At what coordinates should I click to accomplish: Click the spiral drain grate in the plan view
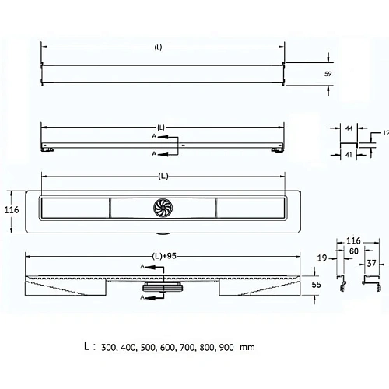pyautogui.click(x=163, y=208)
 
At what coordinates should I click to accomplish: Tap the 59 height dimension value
pyautogui.click(x=328, y=74)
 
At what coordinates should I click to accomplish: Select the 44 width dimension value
pyautogui.click(x=349, y=128)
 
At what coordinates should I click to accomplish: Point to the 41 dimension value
pyautogui.click(x=349, y=155)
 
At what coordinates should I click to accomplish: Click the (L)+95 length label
pyautogui.click(x=164, y=256)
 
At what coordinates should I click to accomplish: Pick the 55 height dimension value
pyautogui.click(x=316, y=285)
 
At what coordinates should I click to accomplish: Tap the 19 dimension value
pyautogui.click(x=322, y=258)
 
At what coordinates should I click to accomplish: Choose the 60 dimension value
pyautogui.click(x=354, y=251)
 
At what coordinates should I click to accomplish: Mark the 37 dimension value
pyautogui.click(x=371, y=264)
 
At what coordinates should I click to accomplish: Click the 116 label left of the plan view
pyautogui.click(x=12, y=210)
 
